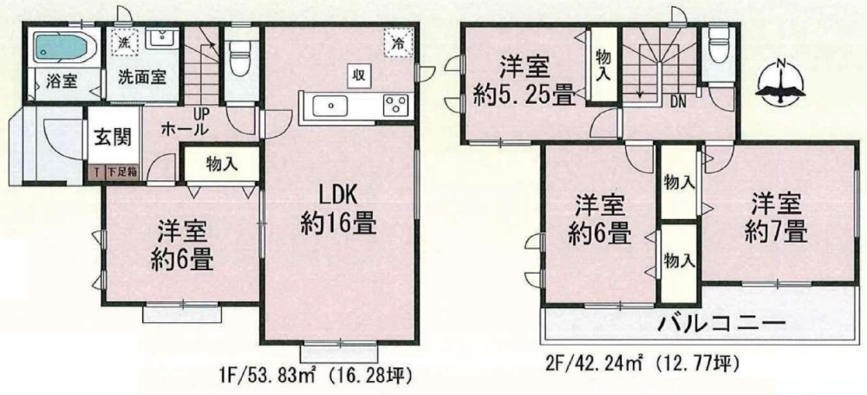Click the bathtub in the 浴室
click(61, 49)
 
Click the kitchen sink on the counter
click(333, 106)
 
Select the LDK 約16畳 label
click(338, 209)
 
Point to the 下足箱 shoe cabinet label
click(121, 172)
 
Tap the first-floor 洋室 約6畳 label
click(181, 245)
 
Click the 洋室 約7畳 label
click(774, 218)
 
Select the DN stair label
click(679, 100)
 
